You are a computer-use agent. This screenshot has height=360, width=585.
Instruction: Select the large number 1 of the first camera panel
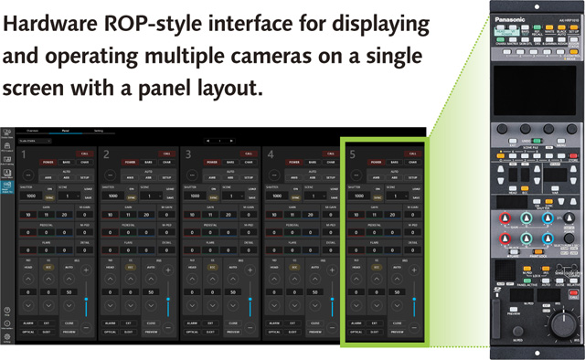click(x=22, y=156)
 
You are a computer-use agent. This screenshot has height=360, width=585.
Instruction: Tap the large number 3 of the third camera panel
click(x=187, y=156)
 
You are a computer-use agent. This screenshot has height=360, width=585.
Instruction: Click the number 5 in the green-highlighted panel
click(x=353, y=156)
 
